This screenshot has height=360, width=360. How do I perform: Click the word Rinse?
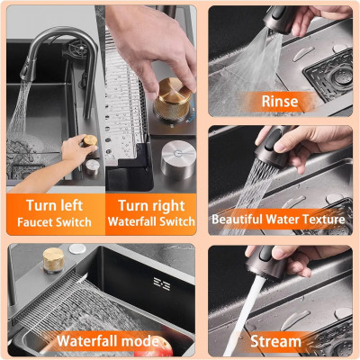280,101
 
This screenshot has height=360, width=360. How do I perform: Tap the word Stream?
275,341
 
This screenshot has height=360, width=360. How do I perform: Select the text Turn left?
54,205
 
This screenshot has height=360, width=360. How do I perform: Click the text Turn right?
151,206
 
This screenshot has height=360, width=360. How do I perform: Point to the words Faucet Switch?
54,222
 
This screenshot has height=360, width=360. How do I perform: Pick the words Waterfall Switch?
151,221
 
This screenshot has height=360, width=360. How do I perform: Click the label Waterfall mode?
108,341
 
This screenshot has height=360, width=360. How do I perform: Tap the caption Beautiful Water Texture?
278,220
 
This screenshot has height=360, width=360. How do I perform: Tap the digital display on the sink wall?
162,283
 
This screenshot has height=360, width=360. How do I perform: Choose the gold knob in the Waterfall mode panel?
53,260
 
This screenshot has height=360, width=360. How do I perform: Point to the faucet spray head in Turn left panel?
28,69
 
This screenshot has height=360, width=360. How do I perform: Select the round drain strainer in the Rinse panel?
342,77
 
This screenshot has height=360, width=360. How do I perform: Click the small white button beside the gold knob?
77,248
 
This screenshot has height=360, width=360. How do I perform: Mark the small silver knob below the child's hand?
92,167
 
